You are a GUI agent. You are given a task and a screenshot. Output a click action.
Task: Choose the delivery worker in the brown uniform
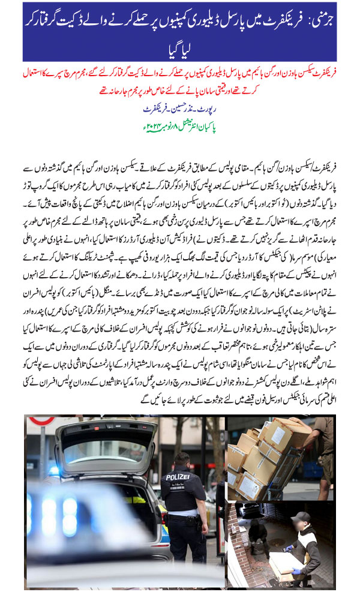326,444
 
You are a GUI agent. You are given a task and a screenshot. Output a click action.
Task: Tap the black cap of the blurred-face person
300,517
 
